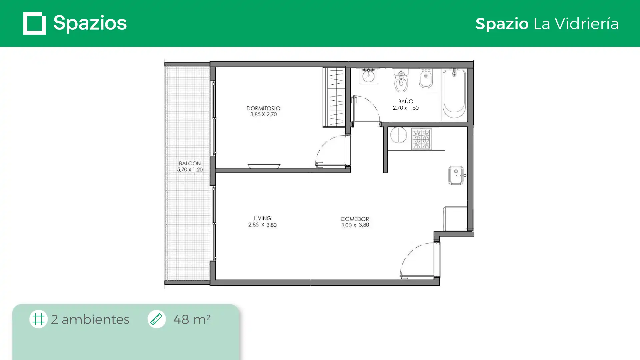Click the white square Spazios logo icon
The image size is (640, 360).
tap(35, 23)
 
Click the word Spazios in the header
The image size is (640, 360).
tap(90, 23)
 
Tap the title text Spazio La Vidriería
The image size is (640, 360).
tap(547, 24)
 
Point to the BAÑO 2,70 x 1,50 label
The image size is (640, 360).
tap(406, 104)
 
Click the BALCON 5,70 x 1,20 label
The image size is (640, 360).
tap(190, 166)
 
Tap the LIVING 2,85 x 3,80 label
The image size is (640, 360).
tap(262, 222)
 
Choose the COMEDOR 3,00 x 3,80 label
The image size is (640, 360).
tap(355, 222)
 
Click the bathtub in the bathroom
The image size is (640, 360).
tap(454, 94)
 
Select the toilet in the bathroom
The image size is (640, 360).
tap(401, 80)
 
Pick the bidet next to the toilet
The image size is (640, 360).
tap(426, 78)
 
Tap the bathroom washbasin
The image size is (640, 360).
tap(368, 76)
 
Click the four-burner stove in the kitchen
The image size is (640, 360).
tap(421, 139)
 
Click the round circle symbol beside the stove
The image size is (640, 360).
tap(398, 135)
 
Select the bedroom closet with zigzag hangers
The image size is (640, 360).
tap(334, 97)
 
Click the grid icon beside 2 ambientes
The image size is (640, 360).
tap(38, 319)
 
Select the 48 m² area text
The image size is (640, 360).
tap(192, 319)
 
